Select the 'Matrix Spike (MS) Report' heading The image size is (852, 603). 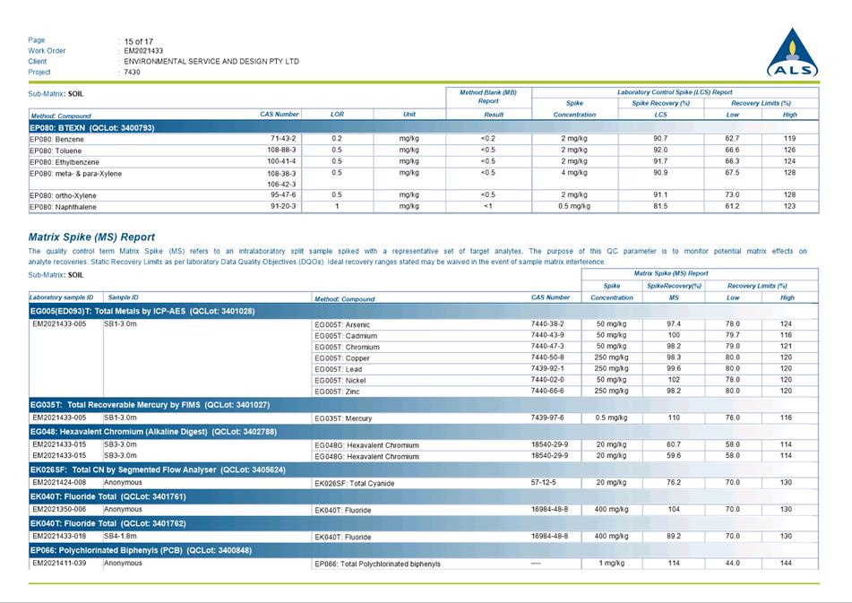[91, 237]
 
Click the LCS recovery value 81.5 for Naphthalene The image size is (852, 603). [660, 206]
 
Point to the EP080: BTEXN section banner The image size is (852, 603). [92, 127]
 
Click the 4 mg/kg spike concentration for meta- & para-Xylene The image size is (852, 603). [574, 172]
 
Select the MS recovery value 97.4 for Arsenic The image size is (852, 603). [674, 324]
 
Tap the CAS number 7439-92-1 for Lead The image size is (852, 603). [547, 369]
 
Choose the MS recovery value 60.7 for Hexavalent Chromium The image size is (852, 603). [674, 444]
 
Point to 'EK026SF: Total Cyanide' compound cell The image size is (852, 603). [354, 484]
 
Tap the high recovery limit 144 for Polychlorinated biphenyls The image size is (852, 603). [787, 564]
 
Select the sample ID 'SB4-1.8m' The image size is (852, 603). [121, 536]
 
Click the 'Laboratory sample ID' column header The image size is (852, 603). [65, 297]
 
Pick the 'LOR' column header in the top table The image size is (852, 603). [337, 115]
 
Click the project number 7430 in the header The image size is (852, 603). [133, 72]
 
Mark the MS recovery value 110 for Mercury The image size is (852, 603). [674, 418]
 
